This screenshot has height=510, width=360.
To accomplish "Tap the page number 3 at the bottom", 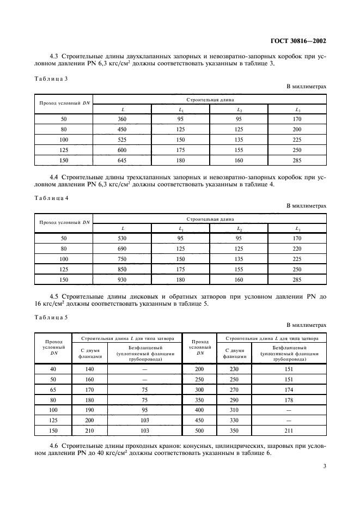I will pyautogui.click(x=324, y=466).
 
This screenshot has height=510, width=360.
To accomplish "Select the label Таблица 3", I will pyautogui.click(x=51, y=78).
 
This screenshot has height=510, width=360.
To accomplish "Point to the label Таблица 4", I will pyautogui.click(x=51, y=198).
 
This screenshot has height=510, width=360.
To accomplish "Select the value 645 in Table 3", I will pyautogui.click(x=123, y=161).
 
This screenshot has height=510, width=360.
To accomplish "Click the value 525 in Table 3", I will pyautogui.click(x=123, y=140).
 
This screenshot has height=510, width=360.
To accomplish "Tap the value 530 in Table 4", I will pyautogui.click(x=123, y=238).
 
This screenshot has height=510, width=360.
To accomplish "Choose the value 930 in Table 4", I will pyautogui.click(x=123, y=280).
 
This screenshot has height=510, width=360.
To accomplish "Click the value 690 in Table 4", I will pyautogui.click(x=123, y=248).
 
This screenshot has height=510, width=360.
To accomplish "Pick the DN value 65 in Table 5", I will pyautogui.click(x=53, y=390).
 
